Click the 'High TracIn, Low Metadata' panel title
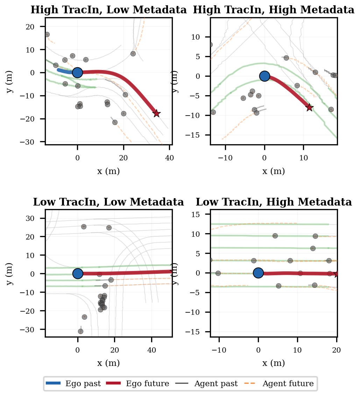[x=108, y=10]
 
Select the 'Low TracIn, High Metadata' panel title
[x=274, y=202]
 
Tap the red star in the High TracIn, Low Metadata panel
[x=156, y=113]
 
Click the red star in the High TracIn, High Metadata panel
[x=309, y=107]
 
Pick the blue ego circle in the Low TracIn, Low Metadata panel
[x=78, y=273]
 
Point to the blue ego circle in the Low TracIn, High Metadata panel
[x=258, y=273]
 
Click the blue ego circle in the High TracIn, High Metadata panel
[x=264, y=76]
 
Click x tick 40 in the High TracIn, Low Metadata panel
[x=169, y=148]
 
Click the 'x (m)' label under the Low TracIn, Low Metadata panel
[x=108, y=363]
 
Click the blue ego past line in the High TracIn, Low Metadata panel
[x=65, y=71]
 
